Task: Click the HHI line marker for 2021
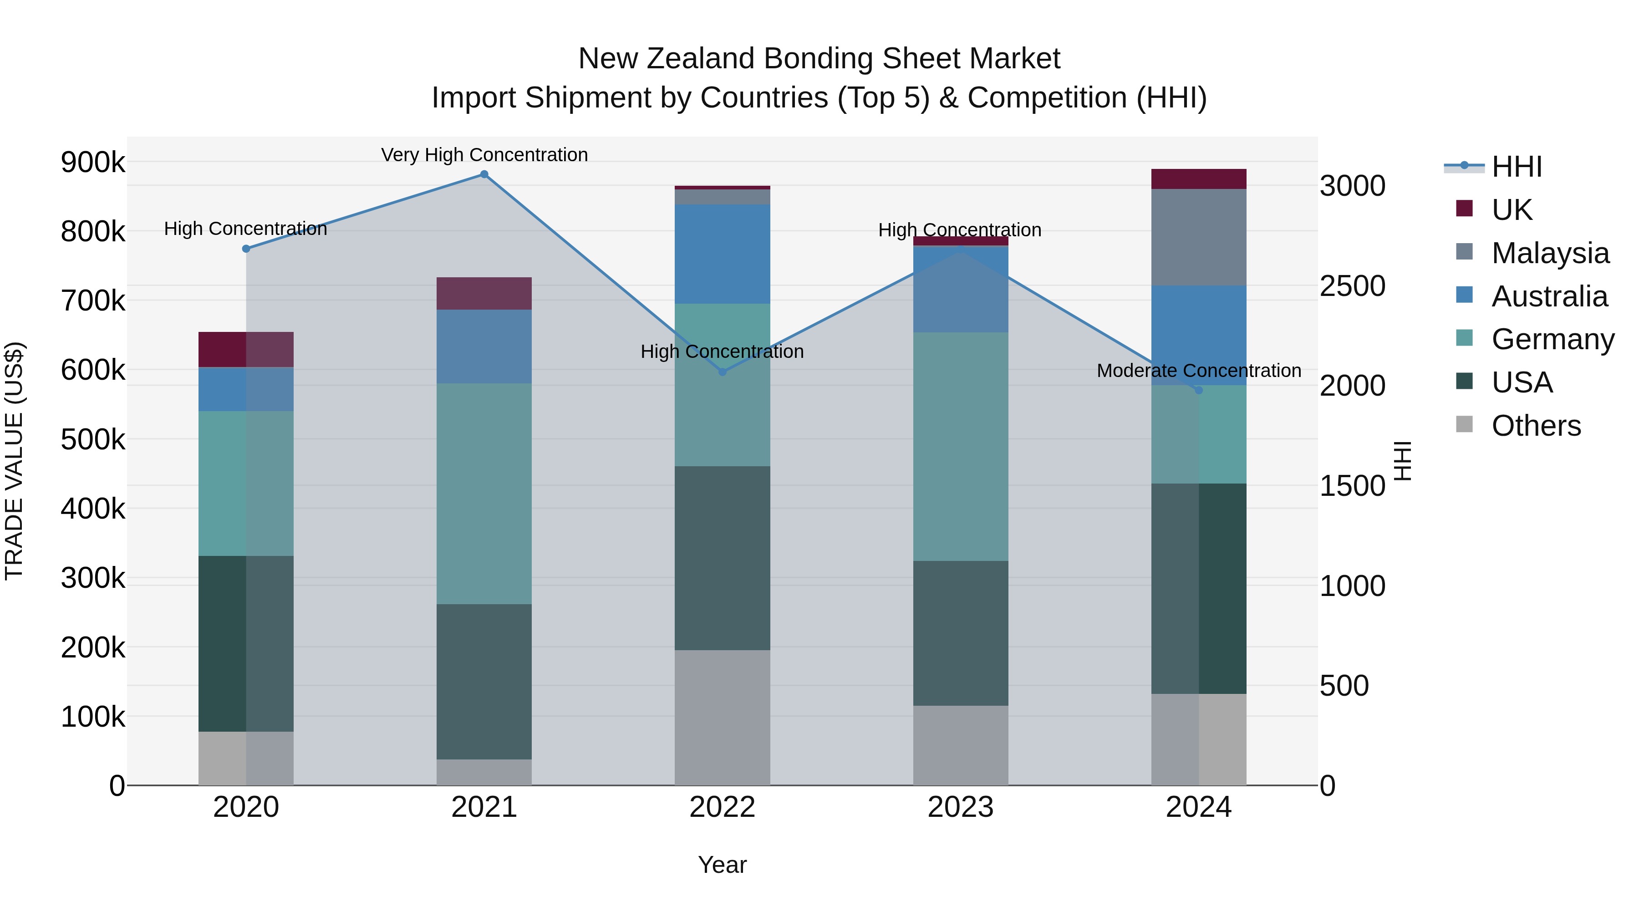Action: pyautogui.click(x=484, y=174)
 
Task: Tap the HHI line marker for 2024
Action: pyautogui.click(x=1199, y=390)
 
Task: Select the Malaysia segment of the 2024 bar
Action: pyautogui.click(x=1199, y=237)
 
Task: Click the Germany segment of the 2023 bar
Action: pyautogui.click(x=961, y=446)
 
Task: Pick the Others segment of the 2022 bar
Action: pyautogui.click(x=722, y=717)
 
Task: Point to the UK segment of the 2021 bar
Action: pyautogui.click(x=484, y=293)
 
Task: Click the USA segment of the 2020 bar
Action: pyautogui.click(x=246, y=643)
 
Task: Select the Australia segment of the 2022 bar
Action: pyautogui.click(x=722, y=254)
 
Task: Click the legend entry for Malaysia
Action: pyautogui.click(x=1550, y=253)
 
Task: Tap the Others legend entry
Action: pyautogui.click(x=1536, y=426)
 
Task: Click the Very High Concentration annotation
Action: pyautogui.click(x=484, y=155)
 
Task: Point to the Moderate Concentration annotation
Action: pyautogui.click(x=1199, y=370)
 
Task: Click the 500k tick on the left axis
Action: pyautogui.click(x=93, y=439)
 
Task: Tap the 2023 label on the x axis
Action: pyautogui.click(x=961, y=807)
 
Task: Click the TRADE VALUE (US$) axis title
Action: pyautogui.click(x=14, y=461)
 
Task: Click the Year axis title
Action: pyautogui.click(x=722, y=865)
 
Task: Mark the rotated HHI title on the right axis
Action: pyautogui.click(x=1402, y=461)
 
